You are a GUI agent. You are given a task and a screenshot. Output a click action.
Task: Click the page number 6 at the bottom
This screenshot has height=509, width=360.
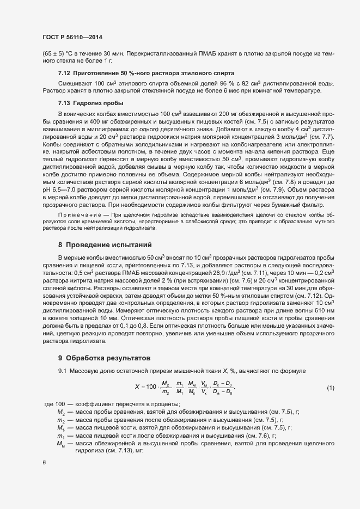44,462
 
